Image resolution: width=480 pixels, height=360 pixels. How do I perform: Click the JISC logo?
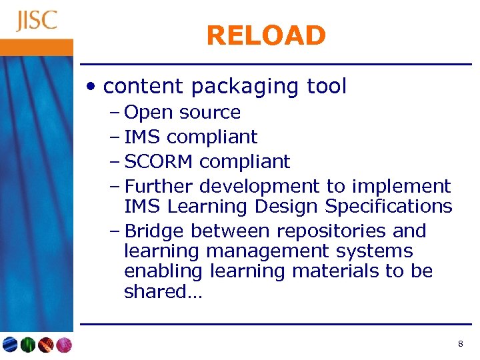[37, 21]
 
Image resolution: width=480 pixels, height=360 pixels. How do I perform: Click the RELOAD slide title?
[266, 35]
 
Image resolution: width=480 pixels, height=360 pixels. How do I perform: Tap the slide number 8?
[461, 344]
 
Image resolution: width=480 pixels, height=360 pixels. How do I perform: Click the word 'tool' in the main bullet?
[327, 86]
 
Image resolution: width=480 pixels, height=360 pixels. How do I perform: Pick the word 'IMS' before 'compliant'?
[143, 137]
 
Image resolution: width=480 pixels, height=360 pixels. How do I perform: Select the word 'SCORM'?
[159, 161]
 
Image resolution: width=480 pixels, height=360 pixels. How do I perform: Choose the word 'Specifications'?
[389, 207]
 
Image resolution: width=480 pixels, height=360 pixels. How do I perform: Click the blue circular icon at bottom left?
[10, 345]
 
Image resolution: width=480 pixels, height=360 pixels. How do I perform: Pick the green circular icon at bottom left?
[27, 345]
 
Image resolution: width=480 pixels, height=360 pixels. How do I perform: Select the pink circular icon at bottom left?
[63, 345]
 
